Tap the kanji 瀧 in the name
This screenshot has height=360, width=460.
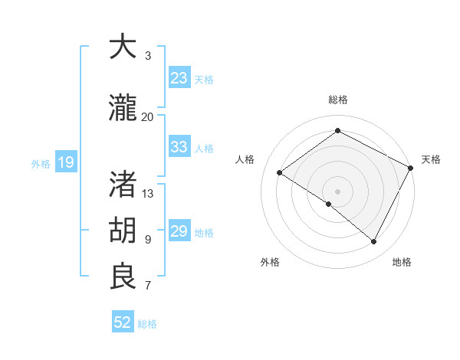pos(123,108)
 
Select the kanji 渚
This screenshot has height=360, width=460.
pos(123,184)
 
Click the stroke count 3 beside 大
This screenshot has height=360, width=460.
pos(148,56)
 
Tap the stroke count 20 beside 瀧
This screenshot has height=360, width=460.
pos(147,116)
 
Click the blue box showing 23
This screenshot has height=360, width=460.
pos(179,78)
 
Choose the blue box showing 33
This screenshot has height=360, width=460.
pos(179,147)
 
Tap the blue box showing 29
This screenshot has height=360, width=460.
pos(179,231)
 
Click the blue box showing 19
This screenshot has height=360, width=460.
pos(65,162)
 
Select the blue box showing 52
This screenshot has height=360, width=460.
pos(123,322)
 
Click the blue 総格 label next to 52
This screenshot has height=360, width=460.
pos(147,324)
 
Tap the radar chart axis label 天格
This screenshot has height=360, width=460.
pos(431,159)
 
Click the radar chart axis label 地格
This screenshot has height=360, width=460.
pos(402,262)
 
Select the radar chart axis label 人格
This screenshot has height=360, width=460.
pos(245,159)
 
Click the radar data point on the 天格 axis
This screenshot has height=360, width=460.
pos(412,167)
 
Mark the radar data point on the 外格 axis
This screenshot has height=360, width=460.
pos(329,204)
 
